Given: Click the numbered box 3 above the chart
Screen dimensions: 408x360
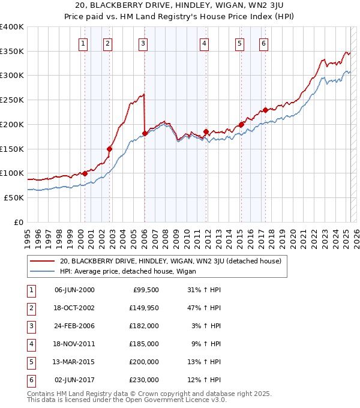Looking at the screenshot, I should point(143,43).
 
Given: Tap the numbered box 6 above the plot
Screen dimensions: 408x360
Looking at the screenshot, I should point(263,43).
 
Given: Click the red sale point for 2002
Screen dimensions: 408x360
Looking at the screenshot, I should point(110,149).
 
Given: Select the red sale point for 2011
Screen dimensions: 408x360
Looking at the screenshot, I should point(206,131).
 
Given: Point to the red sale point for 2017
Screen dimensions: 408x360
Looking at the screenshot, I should point(265,110).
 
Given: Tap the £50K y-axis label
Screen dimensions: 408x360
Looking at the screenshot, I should point(14,197).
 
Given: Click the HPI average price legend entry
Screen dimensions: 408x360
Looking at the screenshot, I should point(132,271).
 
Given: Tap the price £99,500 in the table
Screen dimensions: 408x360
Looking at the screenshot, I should point(146,290).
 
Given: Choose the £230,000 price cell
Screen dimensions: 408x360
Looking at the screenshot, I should point(146,379).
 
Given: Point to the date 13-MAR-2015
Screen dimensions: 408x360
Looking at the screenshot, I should point(74,361).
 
